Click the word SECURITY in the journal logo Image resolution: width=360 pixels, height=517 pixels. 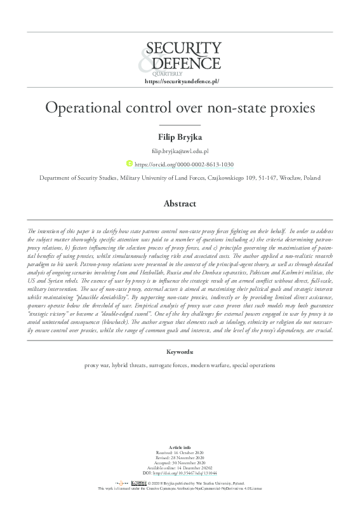coord(184,48)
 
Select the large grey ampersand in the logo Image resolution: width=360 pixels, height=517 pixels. coord(147,60)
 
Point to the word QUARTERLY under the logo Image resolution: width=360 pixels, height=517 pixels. coord(166,74)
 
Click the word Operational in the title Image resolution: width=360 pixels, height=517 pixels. coord(81,107)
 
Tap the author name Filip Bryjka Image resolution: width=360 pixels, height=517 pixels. coord(180,137)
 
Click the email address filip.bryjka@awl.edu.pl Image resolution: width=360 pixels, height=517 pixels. coord(180,152)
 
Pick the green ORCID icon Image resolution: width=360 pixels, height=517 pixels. coord(130,164)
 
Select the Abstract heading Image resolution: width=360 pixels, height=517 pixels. coord(180,204)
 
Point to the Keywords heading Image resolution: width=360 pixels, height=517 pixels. coord(180,351)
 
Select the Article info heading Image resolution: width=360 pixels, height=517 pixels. coord(180,447)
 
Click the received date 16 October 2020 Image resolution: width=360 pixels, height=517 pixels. coord(185,453)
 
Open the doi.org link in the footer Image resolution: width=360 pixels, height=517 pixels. coord(187,473)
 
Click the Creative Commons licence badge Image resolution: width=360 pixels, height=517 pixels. coord(139,483)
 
